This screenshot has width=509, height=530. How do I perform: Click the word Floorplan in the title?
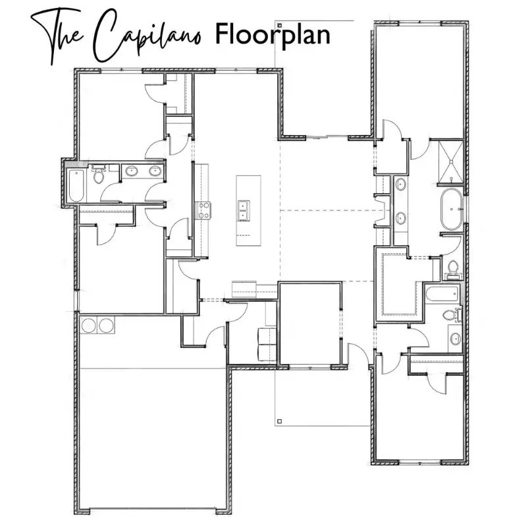coord(273,34)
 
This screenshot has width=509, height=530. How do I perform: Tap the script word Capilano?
coord(147,36)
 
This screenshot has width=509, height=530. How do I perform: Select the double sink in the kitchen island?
coord(244,210)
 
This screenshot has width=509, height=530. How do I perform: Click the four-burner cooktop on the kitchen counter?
coord(203,210)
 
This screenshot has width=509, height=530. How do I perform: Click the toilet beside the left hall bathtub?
coord(98,173)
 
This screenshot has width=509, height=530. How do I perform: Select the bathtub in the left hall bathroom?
coord(76,185)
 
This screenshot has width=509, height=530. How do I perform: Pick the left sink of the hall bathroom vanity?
coord(131,171)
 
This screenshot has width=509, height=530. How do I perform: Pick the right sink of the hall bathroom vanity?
coord(155,171)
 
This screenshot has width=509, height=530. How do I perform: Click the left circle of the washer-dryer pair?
coord(88,325)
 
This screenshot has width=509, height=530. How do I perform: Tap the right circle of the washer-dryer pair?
coord(105,325)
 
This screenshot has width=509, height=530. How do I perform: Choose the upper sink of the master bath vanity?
coord(400,185)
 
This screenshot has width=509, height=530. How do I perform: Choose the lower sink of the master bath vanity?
coord(400,218)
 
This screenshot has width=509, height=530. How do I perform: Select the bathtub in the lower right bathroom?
coord(442,294)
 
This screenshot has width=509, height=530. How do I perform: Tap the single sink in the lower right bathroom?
coord(455,338)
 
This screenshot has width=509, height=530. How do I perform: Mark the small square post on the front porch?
coord(279,421)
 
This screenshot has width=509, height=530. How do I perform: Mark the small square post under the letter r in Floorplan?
coord(279,25)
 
